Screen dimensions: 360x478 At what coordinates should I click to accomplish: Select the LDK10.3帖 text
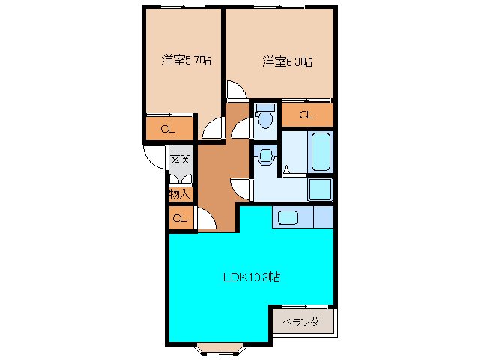tap(252, 277)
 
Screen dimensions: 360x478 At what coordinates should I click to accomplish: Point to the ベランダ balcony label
tap(302, 322)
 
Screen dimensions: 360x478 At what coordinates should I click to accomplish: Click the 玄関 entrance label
tap(180, 159)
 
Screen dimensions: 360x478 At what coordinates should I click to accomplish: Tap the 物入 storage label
tap(179, 193)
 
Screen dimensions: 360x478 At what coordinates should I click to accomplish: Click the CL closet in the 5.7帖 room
tap(169, 128)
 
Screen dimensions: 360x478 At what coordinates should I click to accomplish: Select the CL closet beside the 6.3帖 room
tap(306, 115)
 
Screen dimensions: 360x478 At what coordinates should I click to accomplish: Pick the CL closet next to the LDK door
tap(179, 219)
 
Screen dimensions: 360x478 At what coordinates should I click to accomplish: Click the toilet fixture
tap(264, 118)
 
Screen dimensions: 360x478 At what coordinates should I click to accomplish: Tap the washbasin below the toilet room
tap(264, 157)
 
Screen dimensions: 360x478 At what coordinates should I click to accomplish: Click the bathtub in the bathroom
tap(321, 151)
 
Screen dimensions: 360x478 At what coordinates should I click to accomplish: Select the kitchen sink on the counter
tap(288, 217)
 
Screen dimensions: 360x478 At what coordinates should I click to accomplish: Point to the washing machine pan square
tap(321, 190)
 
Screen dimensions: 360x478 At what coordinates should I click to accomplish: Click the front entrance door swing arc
tap(154, 155)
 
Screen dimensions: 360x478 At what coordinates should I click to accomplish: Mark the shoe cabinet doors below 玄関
tap(180, 180)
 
